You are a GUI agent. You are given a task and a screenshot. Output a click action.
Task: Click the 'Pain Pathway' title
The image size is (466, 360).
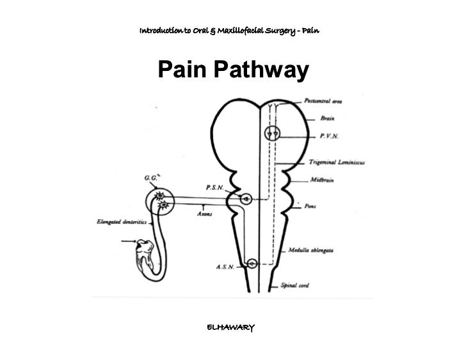click(233, 72)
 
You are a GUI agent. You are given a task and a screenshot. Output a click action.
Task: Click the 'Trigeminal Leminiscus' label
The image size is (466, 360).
click(355, 162)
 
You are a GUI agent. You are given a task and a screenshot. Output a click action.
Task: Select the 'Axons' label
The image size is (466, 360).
click(204, 214)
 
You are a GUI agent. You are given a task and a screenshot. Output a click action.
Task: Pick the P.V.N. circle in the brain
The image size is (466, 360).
click(272, 134)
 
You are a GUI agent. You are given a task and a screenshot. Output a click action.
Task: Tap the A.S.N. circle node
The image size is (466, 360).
click(252, 263)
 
